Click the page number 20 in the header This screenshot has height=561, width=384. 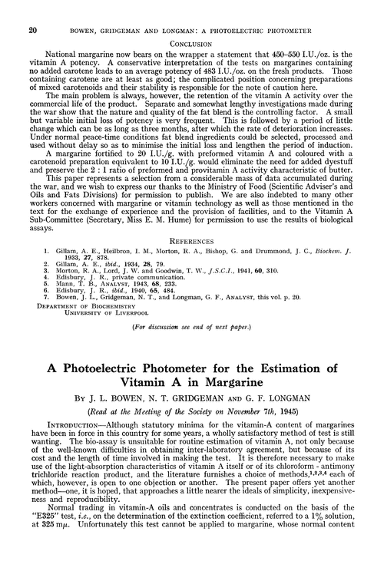[x=21, y=9]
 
